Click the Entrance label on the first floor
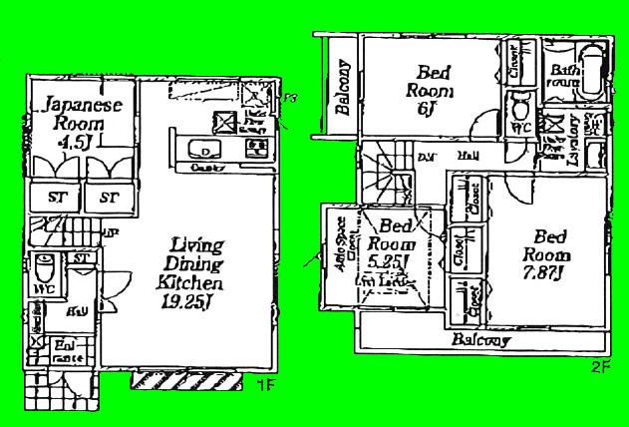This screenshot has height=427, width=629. click(x=67, y=349)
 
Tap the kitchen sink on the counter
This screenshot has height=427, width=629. click(x=205, y=151)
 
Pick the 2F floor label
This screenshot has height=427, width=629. click(x=598, y=366)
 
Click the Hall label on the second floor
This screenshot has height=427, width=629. click(x=466, y=157)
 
